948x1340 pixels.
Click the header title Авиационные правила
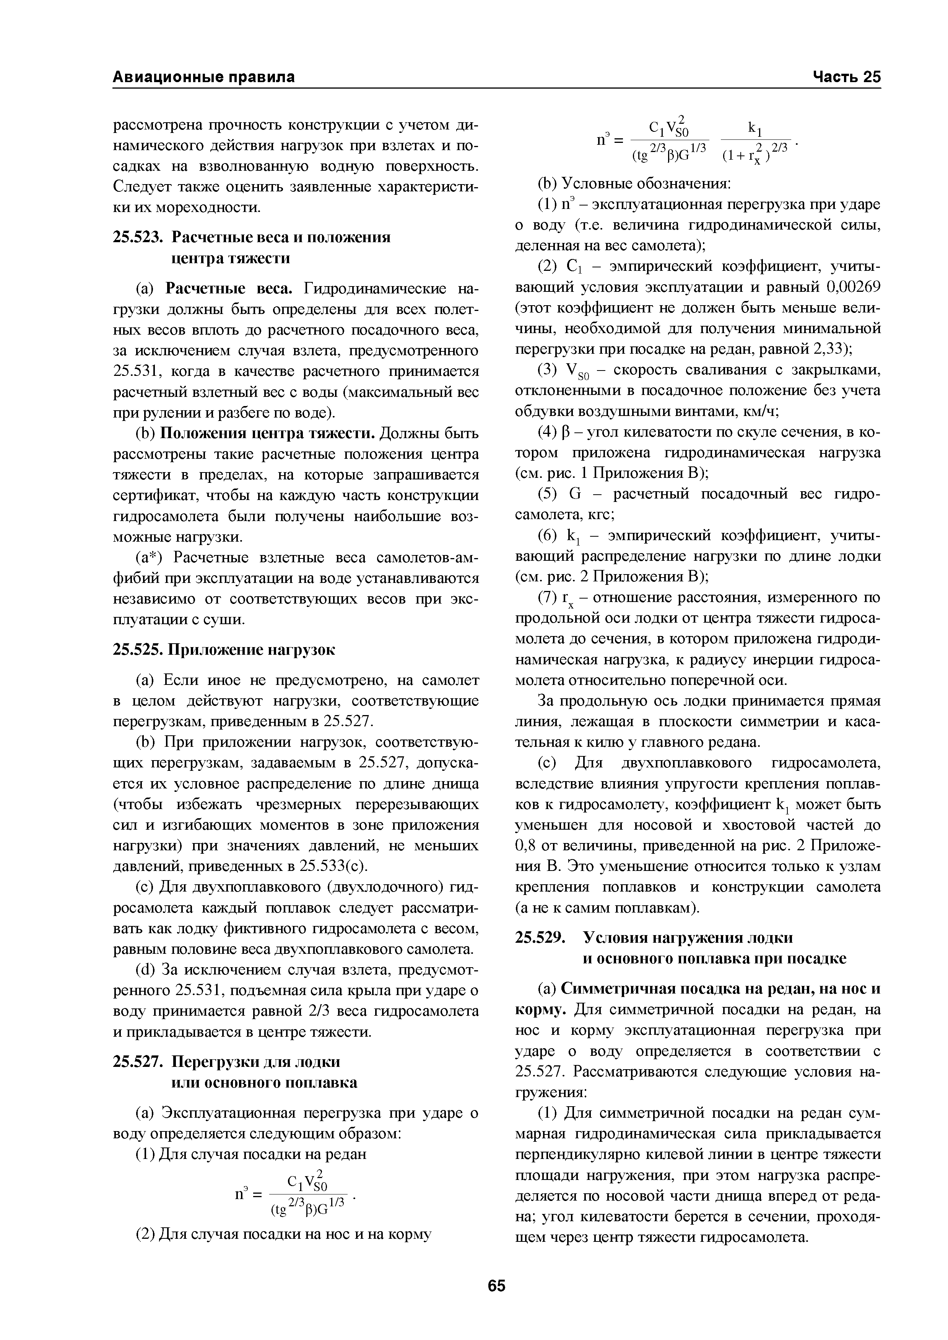click(203, 77)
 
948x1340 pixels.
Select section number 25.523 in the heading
click(137, 238)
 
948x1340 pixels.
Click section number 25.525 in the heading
click(137, 650)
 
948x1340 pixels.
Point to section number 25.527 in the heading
click(137, 1062)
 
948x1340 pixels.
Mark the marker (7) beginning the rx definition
click(547, 598)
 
